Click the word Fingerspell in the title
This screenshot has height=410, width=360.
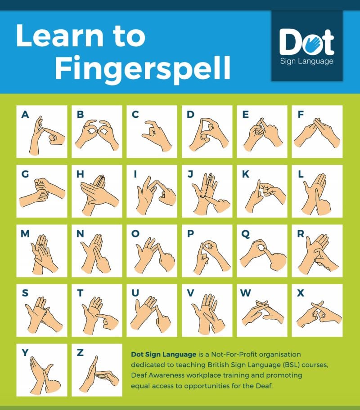click(x=143, y=68)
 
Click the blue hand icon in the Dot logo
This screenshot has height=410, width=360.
click(x=313, y=44)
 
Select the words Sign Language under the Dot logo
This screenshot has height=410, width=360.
click(x=306, y=61)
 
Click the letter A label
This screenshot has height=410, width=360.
click(x=25, y=115)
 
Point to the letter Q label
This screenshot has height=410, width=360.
click(x=246, y=234)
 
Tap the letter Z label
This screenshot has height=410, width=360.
click(x=80, y=353)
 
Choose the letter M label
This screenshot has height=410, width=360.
click(x=25, y=233)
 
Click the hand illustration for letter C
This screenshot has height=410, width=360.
click(x=157, y=135)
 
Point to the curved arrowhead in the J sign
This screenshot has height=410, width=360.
click(x=201, y=196)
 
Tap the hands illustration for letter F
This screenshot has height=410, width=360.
click(x=317, y=133)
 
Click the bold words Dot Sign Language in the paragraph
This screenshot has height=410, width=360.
click(x=164, y=355)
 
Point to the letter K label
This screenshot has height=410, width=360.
click(x=246, y=174)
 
